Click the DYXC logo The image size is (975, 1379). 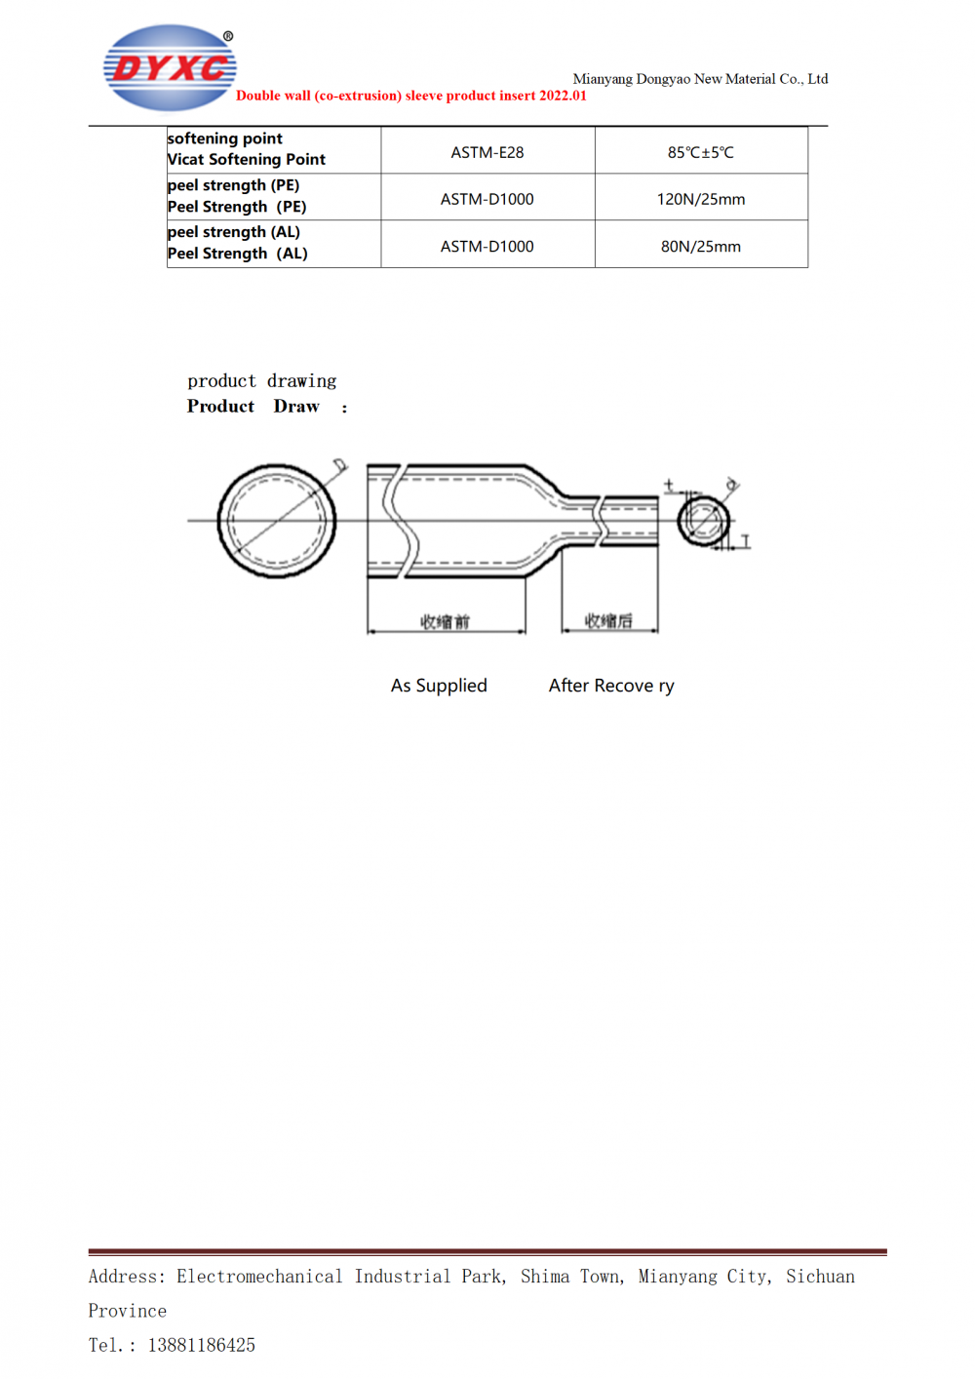pyautogui.click(x=170, y=67)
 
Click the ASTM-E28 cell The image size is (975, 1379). pyautogui.click(x=487, y=152)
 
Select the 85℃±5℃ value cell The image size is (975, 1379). pyautogui.click(x=700, y=152)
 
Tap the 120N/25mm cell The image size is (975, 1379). pyautogui.click(x=700, y=199)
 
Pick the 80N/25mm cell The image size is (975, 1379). pyautogui.click(x=700, y=247)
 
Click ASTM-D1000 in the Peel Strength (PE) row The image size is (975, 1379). pyautogui.click(x=487, y=199)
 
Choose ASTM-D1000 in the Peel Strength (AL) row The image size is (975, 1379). pyautogui.click(x=487, y=247)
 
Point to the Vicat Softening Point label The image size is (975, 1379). pyautogui.click(x=247, y=160)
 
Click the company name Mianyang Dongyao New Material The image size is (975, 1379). pyautogui.click(x=700, y=79)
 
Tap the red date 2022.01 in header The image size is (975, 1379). pyautogui.click(x=563, y=96)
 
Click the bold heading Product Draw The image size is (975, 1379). pyautogui.click(x=253, y=407)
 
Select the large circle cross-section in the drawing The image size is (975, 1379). pyautogui.click(x=277, y=521)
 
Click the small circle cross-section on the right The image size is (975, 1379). pyautogui.click(x=703, y=520)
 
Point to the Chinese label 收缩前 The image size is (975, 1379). pyautogui.click(x=445, y=621)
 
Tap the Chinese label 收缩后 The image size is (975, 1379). pyautogui.click(x=608, y=621)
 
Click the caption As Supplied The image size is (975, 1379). pyautogui.click(x=439, y=686)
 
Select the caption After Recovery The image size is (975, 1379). pyautogui.click(x=611, y=686)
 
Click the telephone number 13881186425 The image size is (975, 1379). pyautogui.click(x=202, y=1346)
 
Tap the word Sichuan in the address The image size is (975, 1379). pyautogui.click(x=820, y=1277)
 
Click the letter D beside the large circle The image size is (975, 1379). pyautogui.click(x=339, y=465)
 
